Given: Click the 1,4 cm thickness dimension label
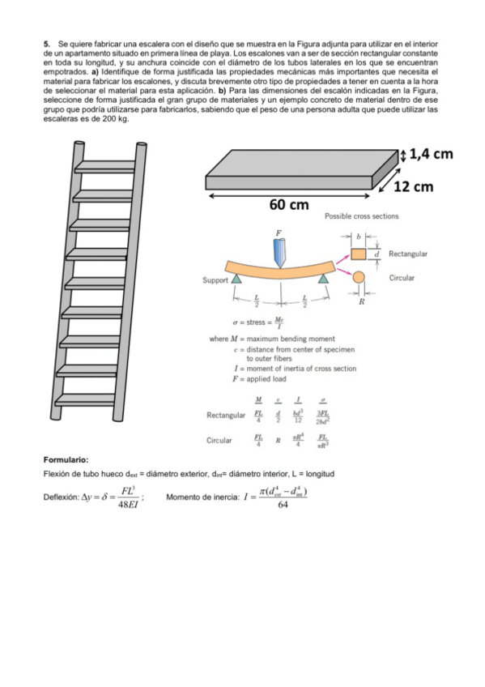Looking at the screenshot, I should click(431, 155).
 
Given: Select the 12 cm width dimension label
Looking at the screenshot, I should click(413, 187).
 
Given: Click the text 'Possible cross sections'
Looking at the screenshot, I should click(361, 217).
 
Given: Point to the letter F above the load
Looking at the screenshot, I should click(279, 233).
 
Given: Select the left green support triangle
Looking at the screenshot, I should click(236, 279).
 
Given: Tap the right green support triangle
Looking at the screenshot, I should click(324, 279).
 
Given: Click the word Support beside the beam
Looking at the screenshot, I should click(215, 280).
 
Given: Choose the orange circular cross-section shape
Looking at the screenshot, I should click(359, 278).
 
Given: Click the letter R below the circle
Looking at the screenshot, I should click(361, 301).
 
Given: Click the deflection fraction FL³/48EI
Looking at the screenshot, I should click(126, 497).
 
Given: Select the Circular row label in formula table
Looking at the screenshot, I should click(219, 442).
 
